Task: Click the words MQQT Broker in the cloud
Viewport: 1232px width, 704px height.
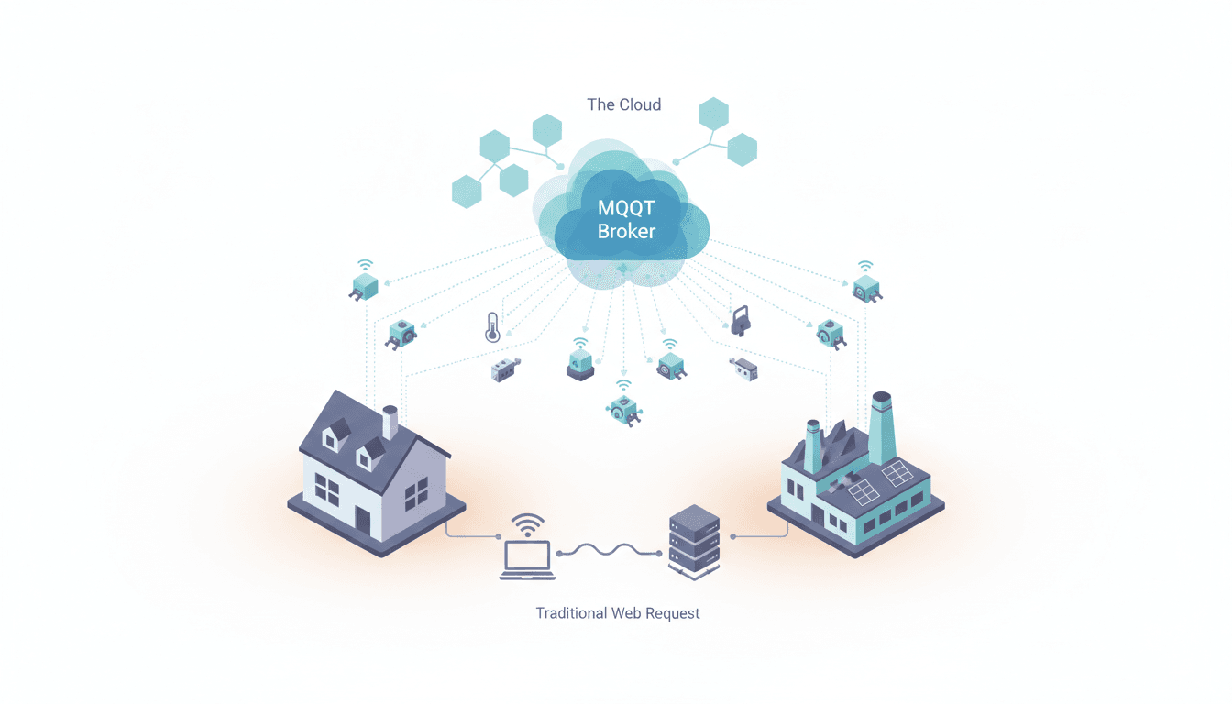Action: (x=626, y=219)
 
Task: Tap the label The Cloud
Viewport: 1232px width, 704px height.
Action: (x=623, y=104)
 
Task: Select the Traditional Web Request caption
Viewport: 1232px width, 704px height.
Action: (x=618, y=613)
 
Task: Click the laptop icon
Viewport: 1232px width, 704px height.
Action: (x=527, y=560)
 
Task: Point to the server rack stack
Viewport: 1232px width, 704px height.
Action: (x=694, y=543)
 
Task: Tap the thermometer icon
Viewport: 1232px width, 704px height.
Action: (x=492, y=328)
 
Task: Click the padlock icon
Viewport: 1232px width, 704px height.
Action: (x=741, y=321)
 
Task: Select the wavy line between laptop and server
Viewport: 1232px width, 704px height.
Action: (x=609, y=551)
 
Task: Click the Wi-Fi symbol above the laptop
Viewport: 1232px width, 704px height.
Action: (x=527, y=525)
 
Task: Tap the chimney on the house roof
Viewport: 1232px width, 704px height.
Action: (x=390, y=422)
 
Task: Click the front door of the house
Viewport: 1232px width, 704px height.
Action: (x=363, y=522)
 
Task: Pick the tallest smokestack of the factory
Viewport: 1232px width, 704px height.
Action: (x=881, y=428)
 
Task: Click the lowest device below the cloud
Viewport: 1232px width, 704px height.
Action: (x=624, y=411)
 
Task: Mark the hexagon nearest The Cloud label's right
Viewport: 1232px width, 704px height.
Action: (x=713, y=114)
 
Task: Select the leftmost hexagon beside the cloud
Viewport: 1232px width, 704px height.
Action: (x=467, y=192)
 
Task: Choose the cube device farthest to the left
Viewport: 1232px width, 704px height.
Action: (x=364, y=287)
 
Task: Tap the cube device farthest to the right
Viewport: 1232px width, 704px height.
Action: (x=867, y=289)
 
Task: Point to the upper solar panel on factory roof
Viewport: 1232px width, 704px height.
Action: (x=897, y=473)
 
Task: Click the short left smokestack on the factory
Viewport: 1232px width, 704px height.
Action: (x=813, y=446)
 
